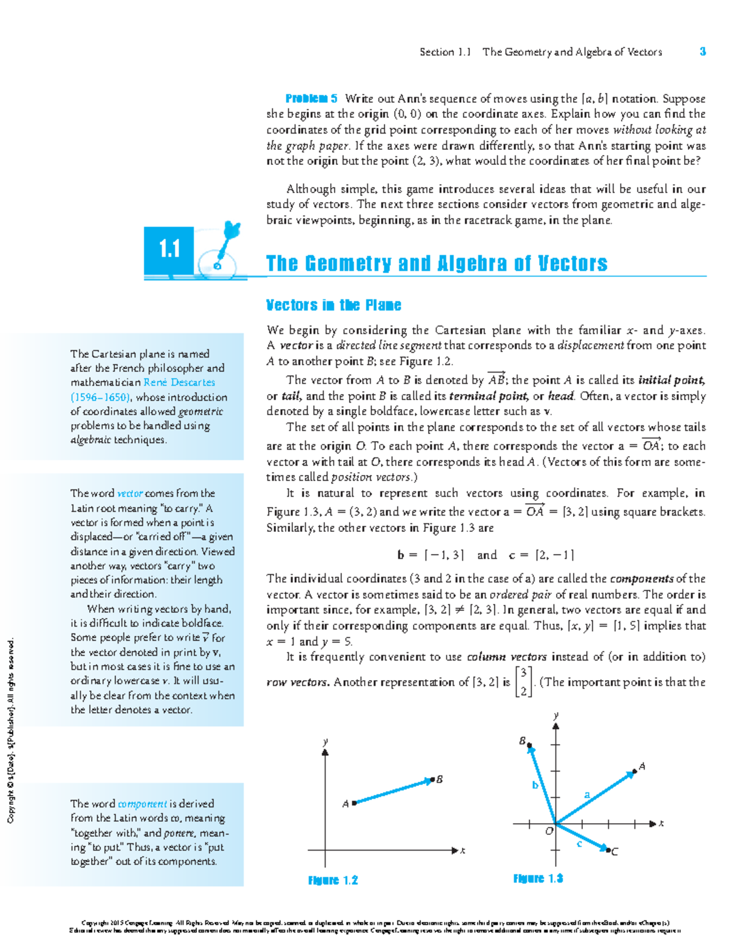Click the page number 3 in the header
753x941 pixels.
[703, 51]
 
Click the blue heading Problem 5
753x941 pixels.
[311, 98]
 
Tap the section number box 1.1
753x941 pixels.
[169, 250]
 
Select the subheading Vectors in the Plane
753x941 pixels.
[333, 306]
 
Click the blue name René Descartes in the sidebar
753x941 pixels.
[179, 382]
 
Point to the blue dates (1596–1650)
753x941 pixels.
[100, 397]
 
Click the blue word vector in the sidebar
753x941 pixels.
[130, 493]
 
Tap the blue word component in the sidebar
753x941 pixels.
[142, 804]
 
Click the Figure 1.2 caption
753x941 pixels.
[333, 880]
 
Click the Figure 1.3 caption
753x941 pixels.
[538, 878]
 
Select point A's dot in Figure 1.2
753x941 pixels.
[355, 802]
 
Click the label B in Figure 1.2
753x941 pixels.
[440, 779]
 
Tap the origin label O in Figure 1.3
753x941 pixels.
[549, 831]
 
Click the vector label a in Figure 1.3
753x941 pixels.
[587, 794]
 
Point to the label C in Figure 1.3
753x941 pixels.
[614, 851]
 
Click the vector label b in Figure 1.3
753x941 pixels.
[535, 785]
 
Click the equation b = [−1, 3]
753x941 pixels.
[430, 555]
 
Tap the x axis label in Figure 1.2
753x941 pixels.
[462, 851]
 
